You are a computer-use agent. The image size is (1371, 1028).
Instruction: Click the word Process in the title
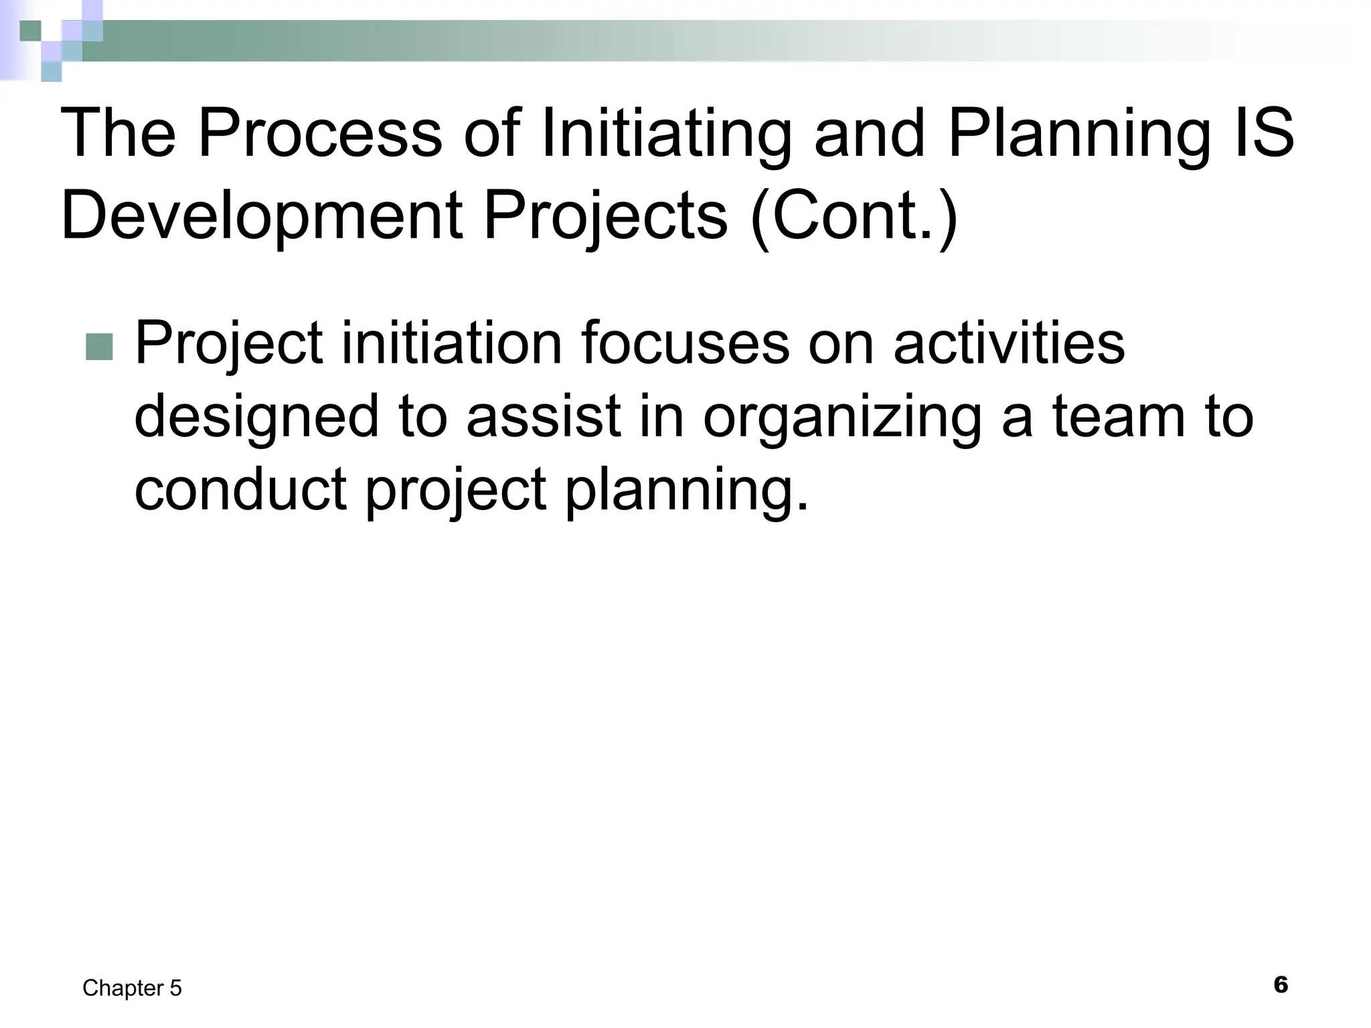point(319,134)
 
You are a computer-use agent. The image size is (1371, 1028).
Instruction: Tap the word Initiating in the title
point(665,134)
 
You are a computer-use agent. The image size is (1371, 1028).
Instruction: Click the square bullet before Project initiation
point(100,346)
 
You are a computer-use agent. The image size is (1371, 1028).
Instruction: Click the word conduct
point(240,489)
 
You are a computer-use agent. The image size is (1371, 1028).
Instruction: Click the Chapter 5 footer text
point(132,988)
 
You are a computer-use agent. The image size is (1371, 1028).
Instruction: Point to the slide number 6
point(1280,984)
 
